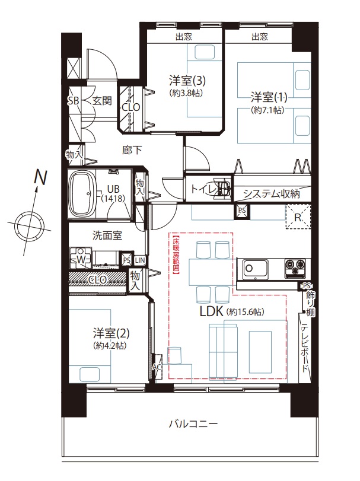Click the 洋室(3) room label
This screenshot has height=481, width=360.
click(x=187, y=81)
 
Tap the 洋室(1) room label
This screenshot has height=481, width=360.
click(x=269, y=97)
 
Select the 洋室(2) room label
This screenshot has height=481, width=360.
click(x=111, y=333)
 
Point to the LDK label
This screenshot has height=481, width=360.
click(x=211, y=311)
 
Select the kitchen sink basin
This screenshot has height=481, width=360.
click(x=255, y=269)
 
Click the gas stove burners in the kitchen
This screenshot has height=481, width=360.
click(x=295, y=267)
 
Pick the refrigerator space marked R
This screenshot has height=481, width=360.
click(x=298, y=216)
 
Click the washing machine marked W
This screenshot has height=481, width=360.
click(x=81, y=259)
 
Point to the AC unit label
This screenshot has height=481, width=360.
click(x=157, y=367)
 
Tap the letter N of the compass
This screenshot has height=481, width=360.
click(x=41, y=177)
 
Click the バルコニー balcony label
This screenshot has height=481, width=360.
click(x=193, y=424)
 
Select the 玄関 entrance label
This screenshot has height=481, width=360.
click(x=102, y=101)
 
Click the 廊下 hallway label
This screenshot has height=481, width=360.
click(x=132, y=149)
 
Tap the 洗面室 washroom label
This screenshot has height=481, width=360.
click(x=107, y=235)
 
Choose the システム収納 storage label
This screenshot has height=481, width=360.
click(x=272, y=193)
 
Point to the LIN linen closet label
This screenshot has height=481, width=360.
click(x=140, y=260)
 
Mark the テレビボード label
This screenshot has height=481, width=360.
click(x=305, y=348)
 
